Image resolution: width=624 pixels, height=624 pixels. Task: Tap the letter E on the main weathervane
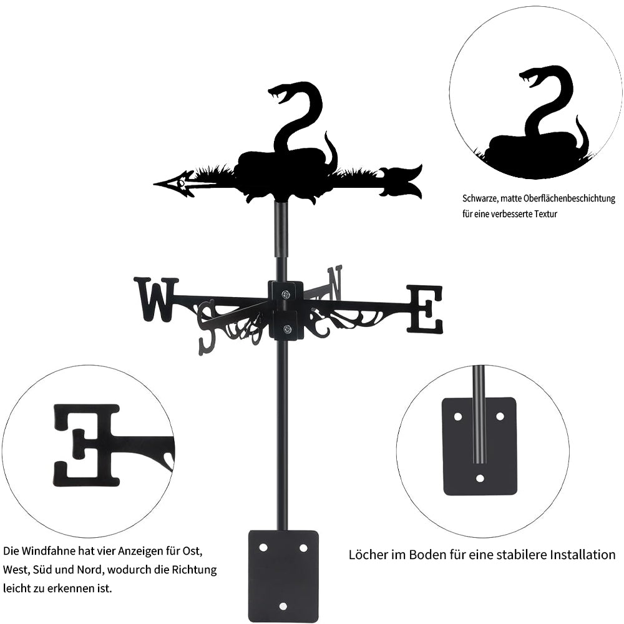click(x=424, y=308)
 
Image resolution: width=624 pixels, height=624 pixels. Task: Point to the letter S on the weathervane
click(x=208, y=328)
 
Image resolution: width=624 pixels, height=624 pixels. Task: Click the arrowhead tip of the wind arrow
click(x=154, y=184)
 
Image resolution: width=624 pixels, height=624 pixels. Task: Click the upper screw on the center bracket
click(x=286, y=294)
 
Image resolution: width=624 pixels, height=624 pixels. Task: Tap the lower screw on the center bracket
click(x=286, y=329)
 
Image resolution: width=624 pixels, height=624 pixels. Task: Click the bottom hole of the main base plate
click(x=283, y=606)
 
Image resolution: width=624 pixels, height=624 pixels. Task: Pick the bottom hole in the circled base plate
click(x=480, y=478)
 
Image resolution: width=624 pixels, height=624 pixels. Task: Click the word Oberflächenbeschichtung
click(x=570, y=198)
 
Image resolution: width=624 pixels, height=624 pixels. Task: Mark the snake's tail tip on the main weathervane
click(x=326, y=133)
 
